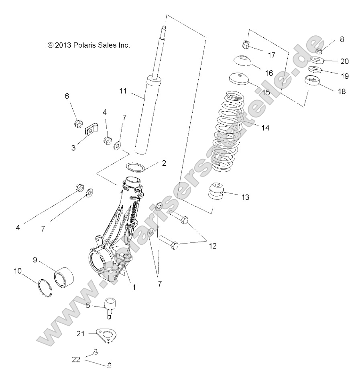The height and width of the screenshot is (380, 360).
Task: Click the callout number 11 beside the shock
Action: click(x=122, y=91)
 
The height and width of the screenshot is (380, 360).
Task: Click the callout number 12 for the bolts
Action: click(x=212, y=246)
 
